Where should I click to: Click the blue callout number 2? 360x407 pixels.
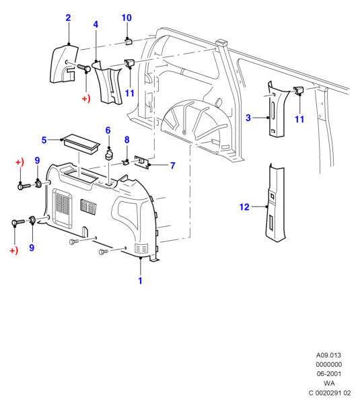[68, 18]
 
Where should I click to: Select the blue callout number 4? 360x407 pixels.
[96, 25]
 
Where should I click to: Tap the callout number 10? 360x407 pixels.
[127, 18]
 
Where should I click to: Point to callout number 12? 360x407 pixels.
[244, 207]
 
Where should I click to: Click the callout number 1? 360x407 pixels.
[140, 281]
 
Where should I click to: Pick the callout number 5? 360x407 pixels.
[44, 140]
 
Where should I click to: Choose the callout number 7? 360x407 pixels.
[173, 165]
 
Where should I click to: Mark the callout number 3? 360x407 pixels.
[248, 118]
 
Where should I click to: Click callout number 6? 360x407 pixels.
[108, 131]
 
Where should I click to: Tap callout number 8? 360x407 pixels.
[127, 140]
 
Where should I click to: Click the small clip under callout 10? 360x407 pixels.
[129, 41]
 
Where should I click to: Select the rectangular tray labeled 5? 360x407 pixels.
[81, 145]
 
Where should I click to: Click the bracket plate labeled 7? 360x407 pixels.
[142, 162]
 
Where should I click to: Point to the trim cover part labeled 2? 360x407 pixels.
[64, 65]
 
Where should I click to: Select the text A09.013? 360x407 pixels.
[328, 355]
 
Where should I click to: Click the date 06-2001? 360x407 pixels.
[329, 374]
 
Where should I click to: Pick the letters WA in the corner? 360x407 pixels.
[329, 383]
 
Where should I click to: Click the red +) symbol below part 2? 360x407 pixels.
[86, 99]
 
